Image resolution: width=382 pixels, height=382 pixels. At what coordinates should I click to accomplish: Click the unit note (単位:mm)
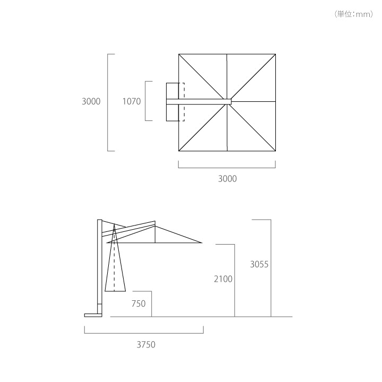(354, 14)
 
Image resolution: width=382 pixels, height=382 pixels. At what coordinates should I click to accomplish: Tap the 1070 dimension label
(132, 101)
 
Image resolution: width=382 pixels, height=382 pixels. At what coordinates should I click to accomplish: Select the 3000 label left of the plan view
(91, 101)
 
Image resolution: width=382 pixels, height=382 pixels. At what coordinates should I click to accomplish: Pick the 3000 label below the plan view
(227, 179)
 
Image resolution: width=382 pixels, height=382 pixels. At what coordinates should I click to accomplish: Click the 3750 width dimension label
(146, 345)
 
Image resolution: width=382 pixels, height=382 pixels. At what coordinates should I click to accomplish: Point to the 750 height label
(138, 303)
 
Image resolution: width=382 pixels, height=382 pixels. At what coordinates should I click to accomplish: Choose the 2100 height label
(223, 279)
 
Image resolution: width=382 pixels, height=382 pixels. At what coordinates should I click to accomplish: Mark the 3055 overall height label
(259, 264)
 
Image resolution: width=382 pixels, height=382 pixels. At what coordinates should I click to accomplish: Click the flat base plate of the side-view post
(93, 315)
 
